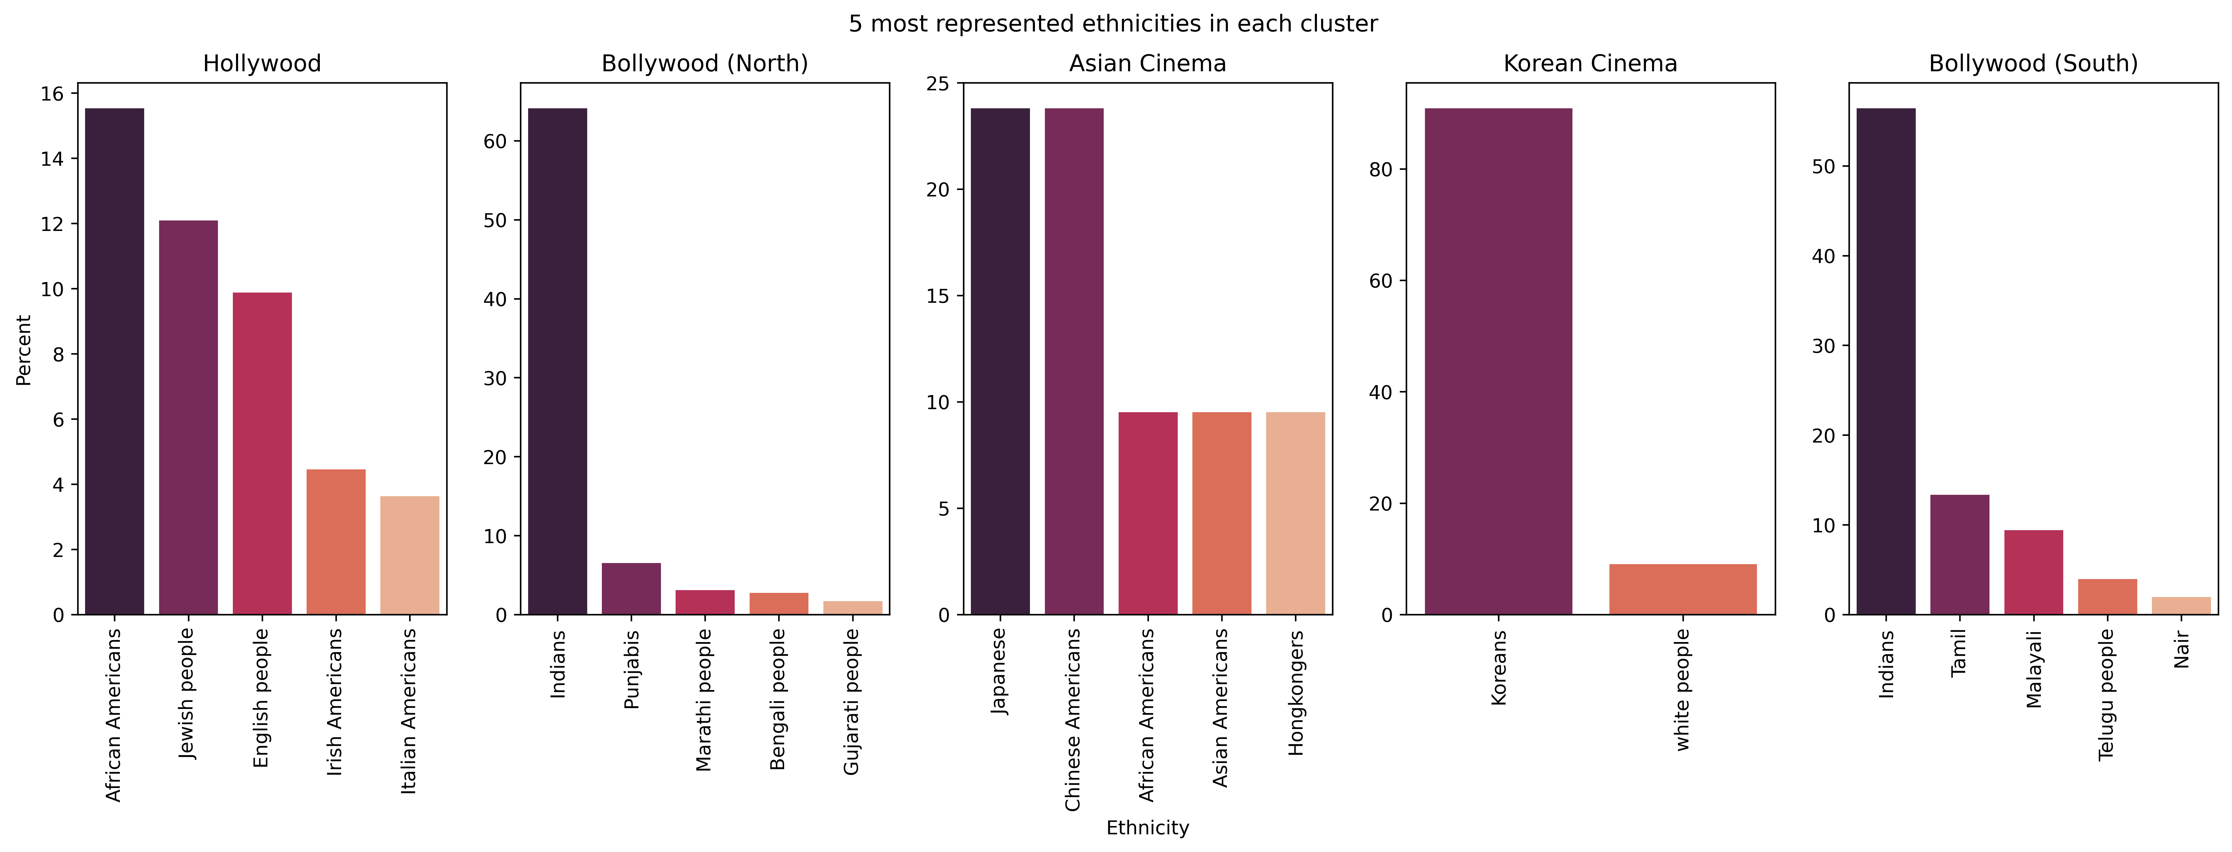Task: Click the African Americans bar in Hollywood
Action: pos(114,361)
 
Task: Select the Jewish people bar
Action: pos(188,418)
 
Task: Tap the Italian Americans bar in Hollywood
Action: pos(410,556)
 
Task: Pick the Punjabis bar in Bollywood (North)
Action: pos(631,588)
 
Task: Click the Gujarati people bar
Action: pos(853,608)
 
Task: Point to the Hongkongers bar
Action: pos(1295,513)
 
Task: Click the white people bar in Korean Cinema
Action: pos(1683,589)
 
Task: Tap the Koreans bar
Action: pos(1498,361)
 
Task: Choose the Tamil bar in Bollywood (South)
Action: pos(1960,555)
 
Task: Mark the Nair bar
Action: pos(2181,606)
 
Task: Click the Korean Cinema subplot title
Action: pos(1590,63)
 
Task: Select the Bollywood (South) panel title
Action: pos(2033,63)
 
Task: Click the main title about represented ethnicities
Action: pos(1113,23)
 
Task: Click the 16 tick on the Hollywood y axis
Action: pos(53,94)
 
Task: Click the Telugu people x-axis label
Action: pos(2106,694)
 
